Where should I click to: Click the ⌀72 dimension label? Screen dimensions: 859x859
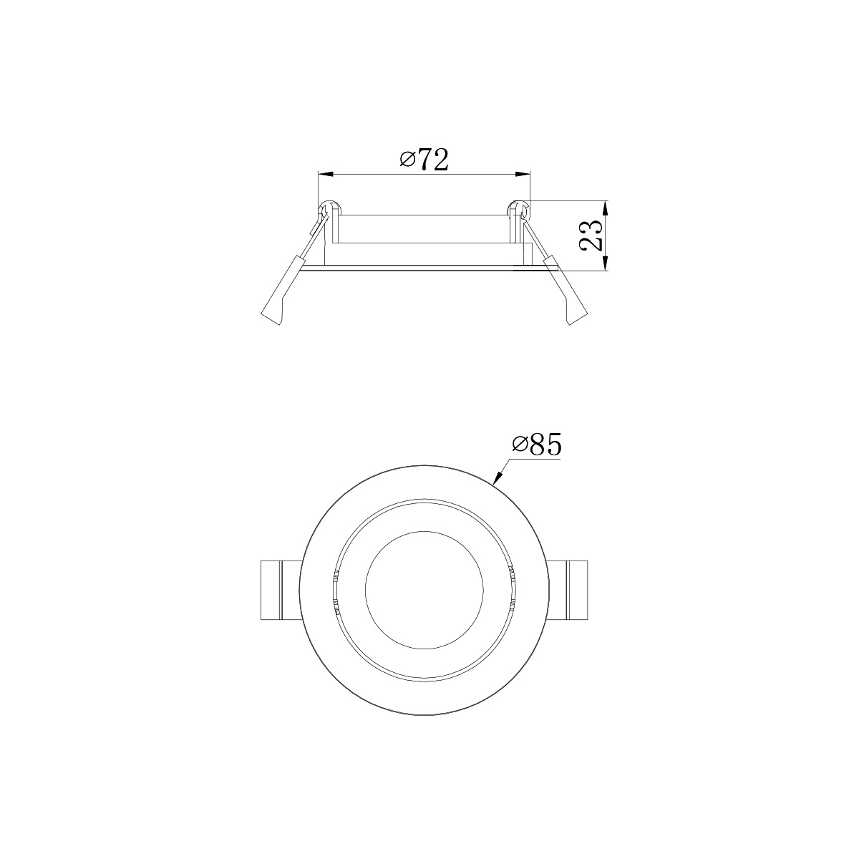point(424,160)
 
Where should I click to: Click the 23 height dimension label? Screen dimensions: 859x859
point(591,236)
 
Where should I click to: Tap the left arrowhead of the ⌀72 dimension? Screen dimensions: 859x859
point(326,174)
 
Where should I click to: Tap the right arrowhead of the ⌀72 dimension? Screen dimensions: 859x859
point(523,174)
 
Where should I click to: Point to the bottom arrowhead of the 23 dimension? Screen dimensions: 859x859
point(606,263)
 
